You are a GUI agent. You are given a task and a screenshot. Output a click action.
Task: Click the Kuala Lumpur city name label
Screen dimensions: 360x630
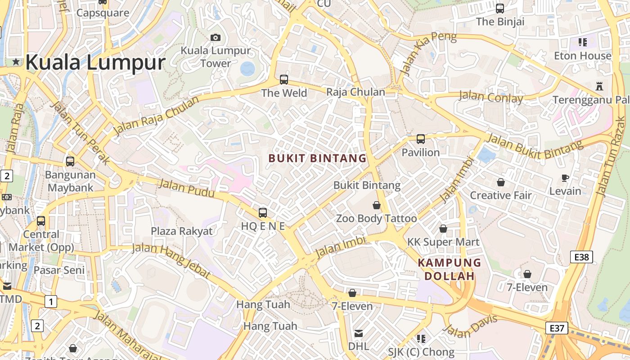(x=95, y=62)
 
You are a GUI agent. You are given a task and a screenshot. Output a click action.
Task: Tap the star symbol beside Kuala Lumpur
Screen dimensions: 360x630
(x=16, y=62)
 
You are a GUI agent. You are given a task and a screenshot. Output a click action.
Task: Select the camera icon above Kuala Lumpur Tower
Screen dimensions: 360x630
(x=216, y=37)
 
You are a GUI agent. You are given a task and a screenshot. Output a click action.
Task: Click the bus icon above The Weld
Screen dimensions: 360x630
(x=284, y=80)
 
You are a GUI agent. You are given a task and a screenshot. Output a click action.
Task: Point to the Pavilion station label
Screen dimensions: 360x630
(x=420, y=153)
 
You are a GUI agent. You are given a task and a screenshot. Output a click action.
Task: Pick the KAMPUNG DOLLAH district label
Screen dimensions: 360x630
(x=450, y=269)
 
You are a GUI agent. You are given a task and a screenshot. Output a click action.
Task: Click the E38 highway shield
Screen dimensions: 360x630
(x=581, y=257)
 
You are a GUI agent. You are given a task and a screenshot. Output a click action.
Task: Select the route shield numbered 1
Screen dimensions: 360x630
(x=51, y=301)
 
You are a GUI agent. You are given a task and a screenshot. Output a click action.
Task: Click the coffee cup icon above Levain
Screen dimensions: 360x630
(x=566, y=178)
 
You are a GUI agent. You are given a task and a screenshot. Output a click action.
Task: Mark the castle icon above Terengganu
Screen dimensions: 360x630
(x=599, y=86)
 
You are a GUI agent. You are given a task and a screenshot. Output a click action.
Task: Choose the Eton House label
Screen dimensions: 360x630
(x=583, y=56)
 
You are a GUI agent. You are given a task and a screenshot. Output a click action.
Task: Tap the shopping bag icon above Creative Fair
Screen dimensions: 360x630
(x=500, y=182)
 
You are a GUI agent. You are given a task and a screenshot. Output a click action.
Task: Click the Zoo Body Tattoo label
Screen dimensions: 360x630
(x=377, y=219)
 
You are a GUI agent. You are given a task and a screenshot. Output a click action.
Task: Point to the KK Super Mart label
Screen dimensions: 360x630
(x=443, y=242)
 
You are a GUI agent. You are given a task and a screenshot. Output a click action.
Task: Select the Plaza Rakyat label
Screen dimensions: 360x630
(x=181, y=231)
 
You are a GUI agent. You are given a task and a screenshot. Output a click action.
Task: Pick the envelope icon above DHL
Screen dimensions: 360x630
(x=359, y=333)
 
